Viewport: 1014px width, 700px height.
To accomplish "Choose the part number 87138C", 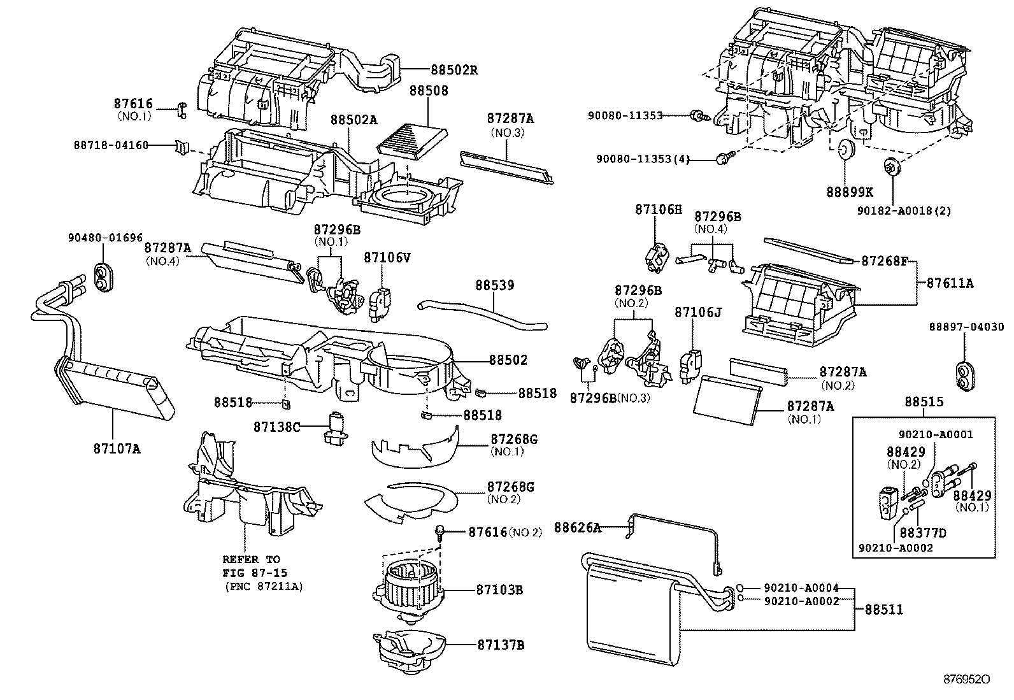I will pyautogui.click(x=276, y=427).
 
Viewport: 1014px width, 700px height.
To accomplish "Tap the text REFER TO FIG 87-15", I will pyautogui.click(x=250, y=566).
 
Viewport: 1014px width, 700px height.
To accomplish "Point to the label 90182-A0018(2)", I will pyautogui.click(x=908, y=211).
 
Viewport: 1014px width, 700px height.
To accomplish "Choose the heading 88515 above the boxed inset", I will pyautogui.click(x=924, y=402).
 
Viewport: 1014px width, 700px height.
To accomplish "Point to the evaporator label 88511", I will pyautogui.click(x=884, y=609).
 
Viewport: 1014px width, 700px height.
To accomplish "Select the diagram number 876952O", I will pyautogui.click(x=966, y=679).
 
